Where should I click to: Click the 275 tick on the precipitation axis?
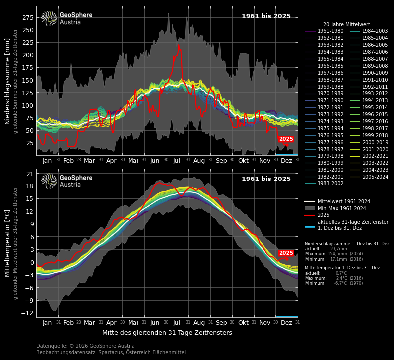27,18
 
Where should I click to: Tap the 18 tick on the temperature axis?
30,186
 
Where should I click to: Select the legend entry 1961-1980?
330,31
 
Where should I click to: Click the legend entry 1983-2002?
330,184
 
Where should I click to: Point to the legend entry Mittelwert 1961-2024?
344,202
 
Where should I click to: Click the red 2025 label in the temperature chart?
286,253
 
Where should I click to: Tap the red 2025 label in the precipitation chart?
286,139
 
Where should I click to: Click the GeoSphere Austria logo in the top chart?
67,18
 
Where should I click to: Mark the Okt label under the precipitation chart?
243,161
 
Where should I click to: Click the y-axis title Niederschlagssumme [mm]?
8,81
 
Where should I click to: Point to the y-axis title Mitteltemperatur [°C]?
8,243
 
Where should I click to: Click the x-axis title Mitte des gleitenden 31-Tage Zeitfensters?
167,333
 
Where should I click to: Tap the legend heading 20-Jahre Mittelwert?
346,24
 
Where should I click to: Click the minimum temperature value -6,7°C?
340,283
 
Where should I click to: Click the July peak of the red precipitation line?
178,45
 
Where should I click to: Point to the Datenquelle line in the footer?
85,346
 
